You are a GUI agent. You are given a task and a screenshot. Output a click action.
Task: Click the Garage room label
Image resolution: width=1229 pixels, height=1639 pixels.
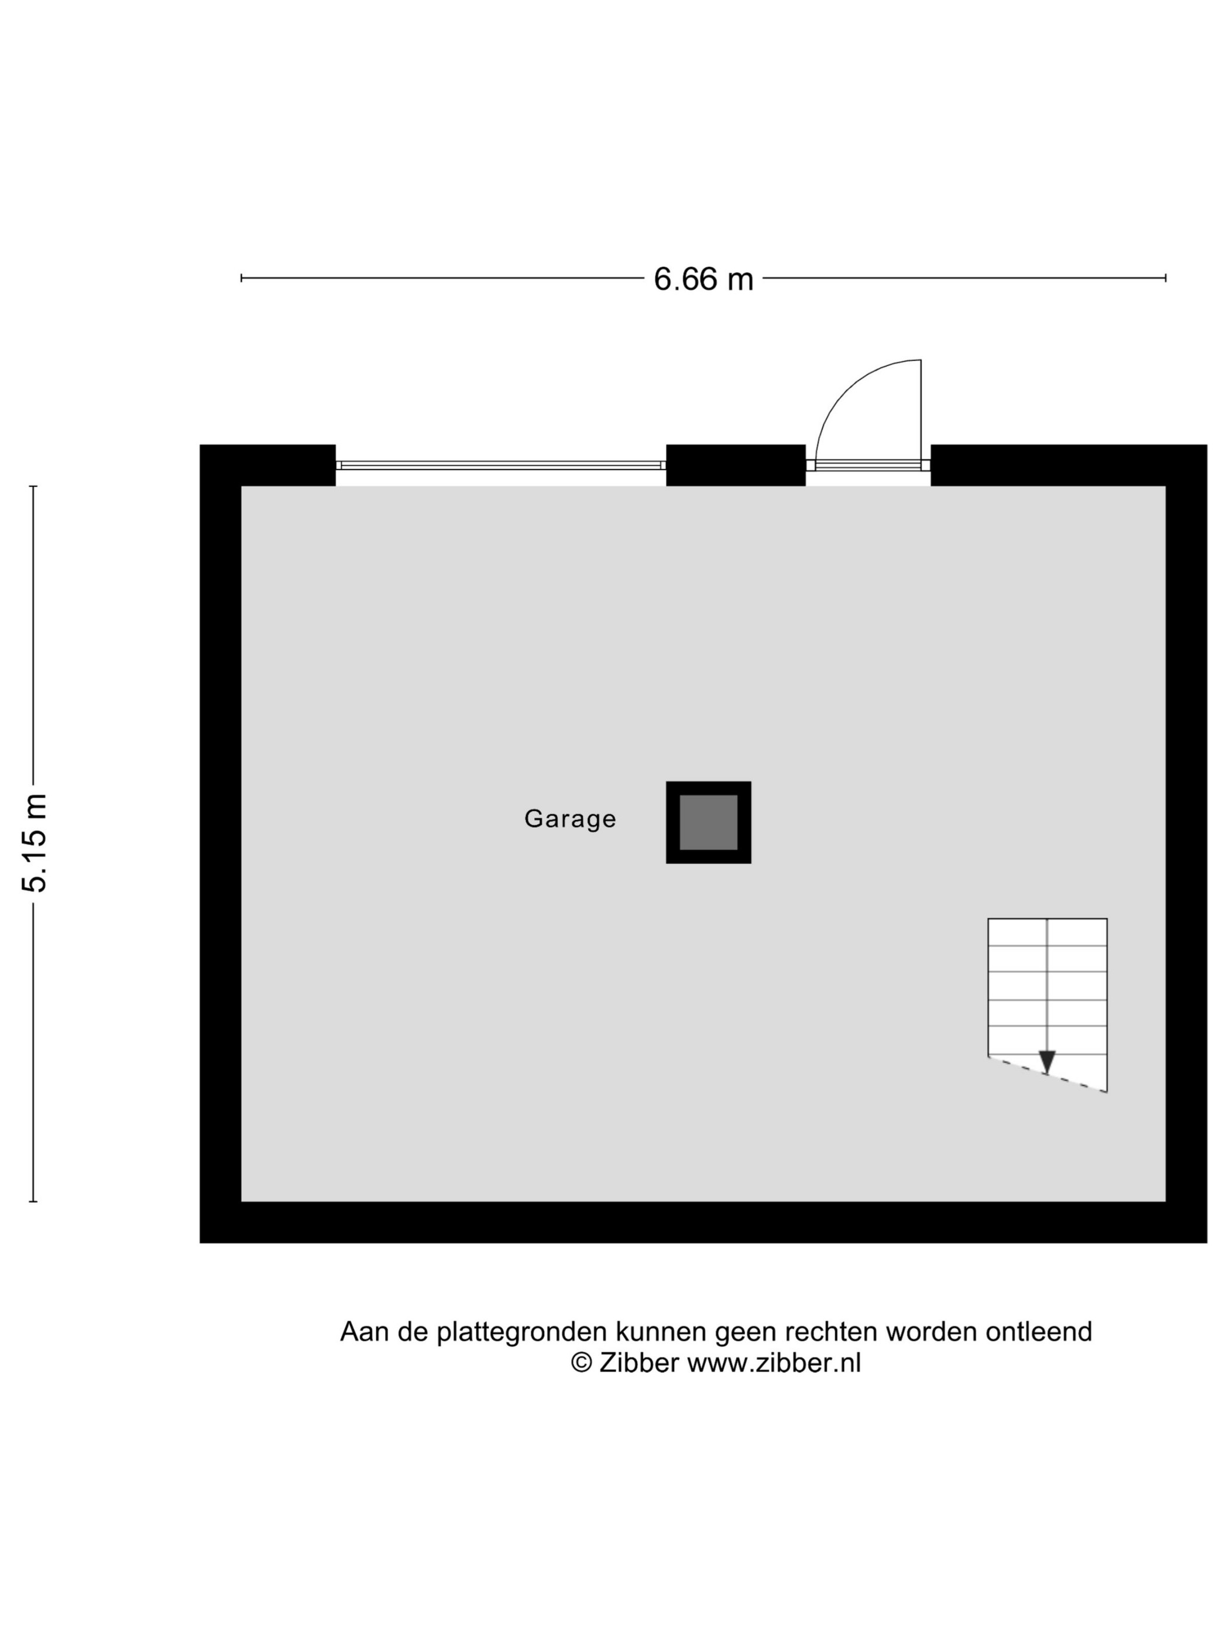coord(569,819)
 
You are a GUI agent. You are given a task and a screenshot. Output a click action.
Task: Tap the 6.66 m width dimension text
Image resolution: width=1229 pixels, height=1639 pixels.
coord(703,279)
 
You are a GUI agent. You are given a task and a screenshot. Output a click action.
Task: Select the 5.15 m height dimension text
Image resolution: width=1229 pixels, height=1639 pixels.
coord(35,842)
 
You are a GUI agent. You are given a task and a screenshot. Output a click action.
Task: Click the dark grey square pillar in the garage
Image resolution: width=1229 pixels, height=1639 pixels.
coord(708,822)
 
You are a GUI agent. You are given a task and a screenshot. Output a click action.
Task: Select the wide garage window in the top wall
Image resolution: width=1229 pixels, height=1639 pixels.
coord(501,465)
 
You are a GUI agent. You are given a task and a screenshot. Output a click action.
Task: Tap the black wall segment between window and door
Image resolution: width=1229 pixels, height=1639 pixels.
coord(736,465)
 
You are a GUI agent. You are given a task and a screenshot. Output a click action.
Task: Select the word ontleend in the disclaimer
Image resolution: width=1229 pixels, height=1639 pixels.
coord(1039,1332)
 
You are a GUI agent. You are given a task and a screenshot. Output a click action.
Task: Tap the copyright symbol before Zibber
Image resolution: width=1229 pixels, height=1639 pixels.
coord(582,1363)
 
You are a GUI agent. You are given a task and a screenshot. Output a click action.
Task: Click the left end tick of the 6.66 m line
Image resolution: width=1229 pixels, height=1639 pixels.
coord(242,278)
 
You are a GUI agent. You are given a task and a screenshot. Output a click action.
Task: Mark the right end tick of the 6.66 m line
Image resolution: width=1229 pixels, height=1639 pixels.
coord(1166,278)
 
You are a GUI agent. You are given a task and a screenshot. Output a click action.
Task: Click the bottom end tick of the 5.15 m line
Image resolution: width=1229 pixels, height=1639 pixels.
coord(33,1202)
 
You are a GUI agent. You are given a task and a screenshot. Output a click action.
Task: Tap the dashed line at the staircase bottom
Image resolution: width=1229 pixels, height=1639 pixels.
coord(1048,1074)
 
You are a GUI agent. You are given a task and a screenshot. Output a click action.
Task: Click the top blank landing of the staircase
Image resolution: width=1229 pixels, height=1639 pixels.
coord(1048,932)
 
